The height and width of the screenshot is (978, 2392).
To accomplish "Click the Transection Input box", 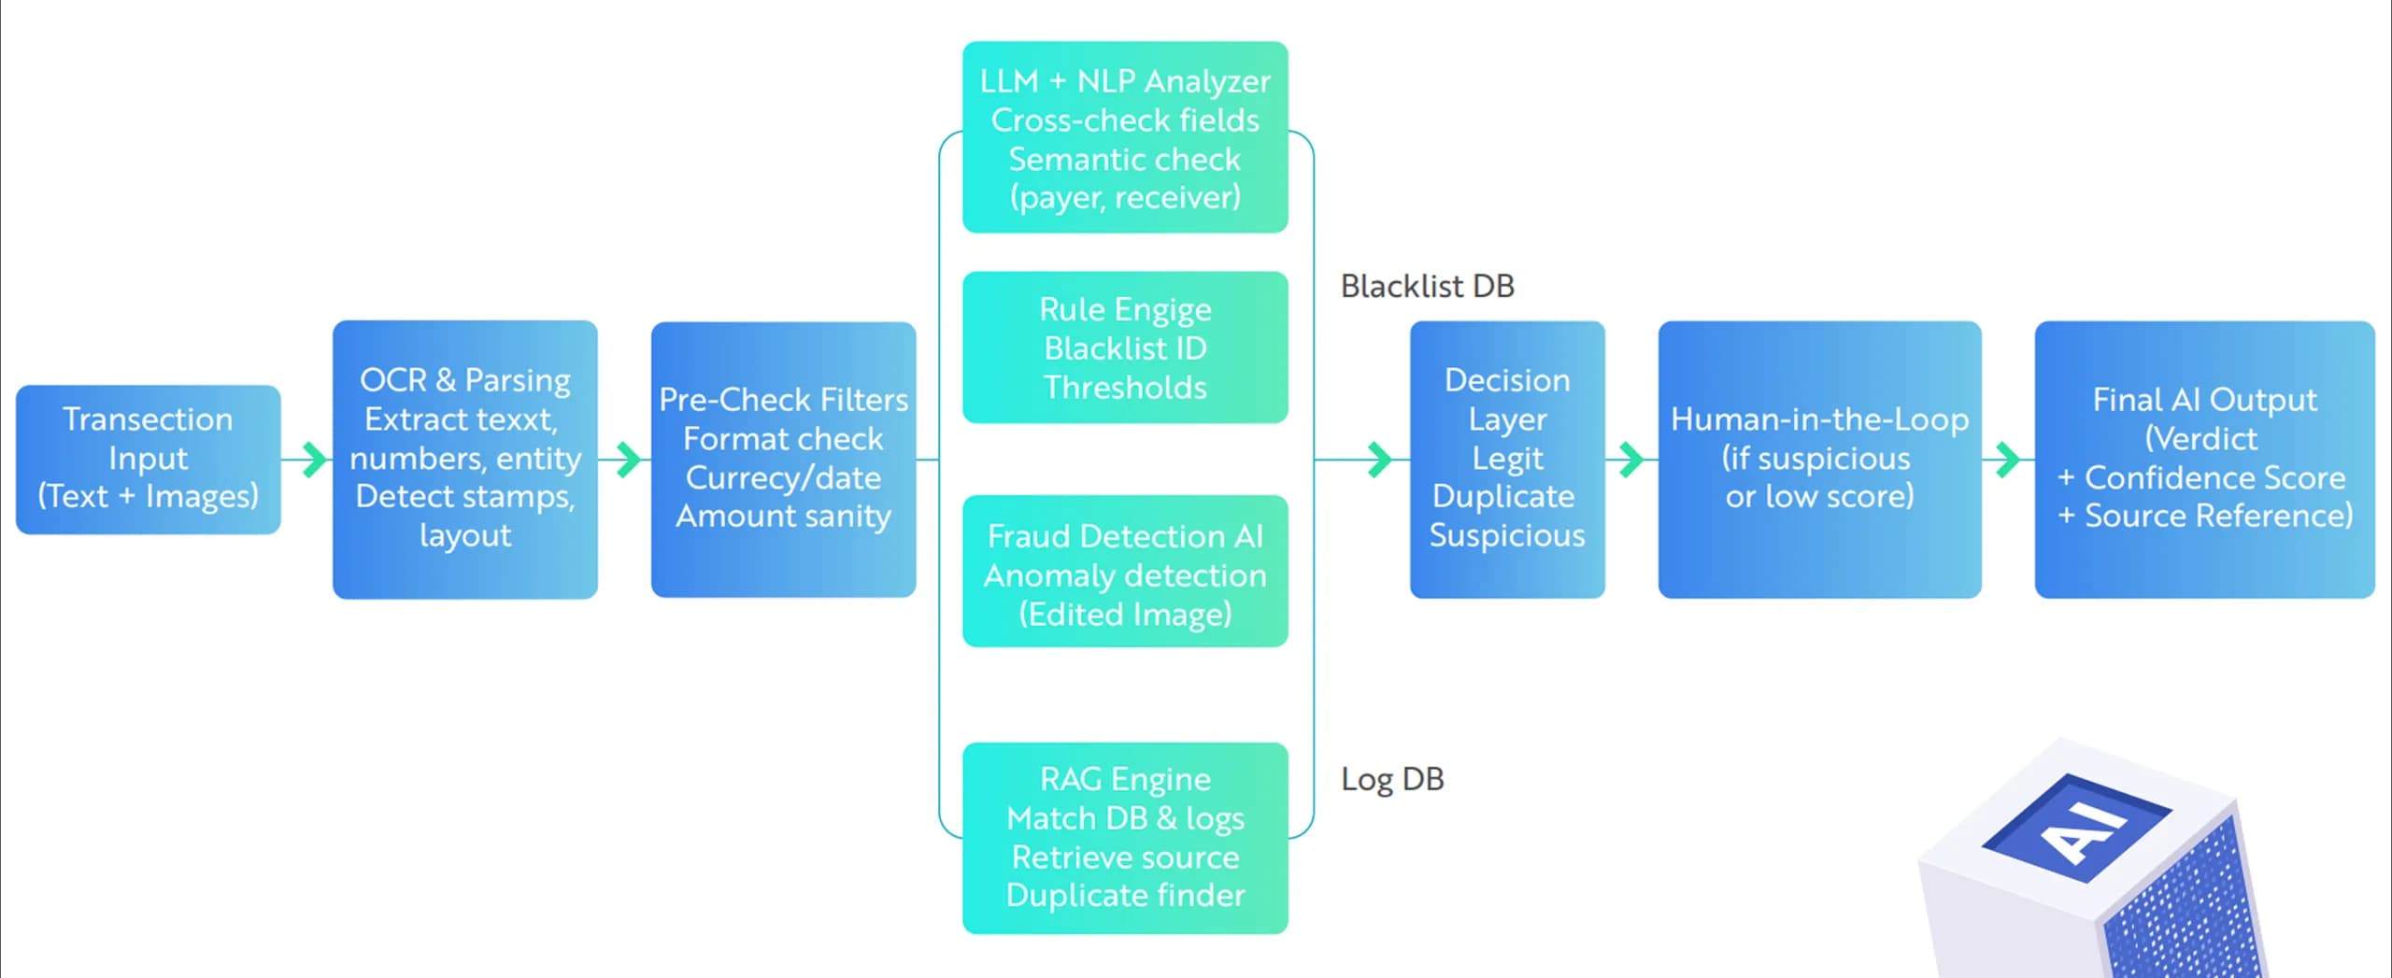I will (148, 459).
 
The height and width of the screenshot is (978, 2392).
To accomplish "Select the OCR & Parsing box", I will (464, 459).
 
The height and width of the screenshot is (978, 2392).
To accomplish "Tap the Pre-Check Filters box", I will (783, 459).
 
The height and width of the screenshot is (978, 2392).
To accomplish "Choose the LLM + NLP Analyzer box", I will (1125, 137).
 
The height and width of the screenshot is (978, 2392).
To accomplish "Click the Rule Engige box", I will (1125, 347).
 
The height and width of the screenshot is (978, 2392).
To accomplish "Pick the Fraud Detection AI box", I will (1125, 571).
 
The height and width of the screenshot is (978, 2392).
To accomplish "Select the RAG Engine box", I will (1125, 837).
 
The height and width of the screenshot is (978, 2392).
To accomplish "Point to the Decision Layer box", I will (1506, 459).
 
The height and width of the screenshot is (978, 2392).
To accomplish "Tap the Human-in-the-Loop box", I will (1819, 459).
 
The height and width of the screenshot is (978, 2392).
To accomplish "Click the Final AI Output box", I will (2204, 459).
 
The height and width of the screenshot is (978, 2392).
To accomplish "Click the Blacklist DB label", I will (1427, 286).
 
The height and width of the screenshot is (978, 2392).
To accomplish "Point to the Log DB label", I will (1392, 778).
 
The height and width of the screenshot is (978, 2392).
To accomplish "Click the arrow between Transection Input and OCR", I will (314, 459).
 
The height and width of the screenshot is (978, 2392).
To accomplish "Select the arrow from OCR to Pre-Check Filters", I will (629, 459).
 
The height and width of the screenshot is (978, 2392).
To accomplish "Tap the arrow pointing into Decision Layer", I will (1379, 459).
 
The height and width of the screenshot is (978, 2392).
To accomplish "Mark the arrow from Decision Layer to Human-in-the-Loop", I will (1630, 459).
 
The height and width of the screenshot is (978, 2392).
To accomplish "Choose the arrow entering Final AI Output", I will (2007, 459).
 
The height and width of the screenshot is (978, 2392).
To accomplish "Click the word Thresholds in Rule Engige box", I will (1125, 387).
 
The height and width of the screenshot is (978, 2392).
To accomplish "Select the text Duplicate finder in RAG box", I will (1125, 895).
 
